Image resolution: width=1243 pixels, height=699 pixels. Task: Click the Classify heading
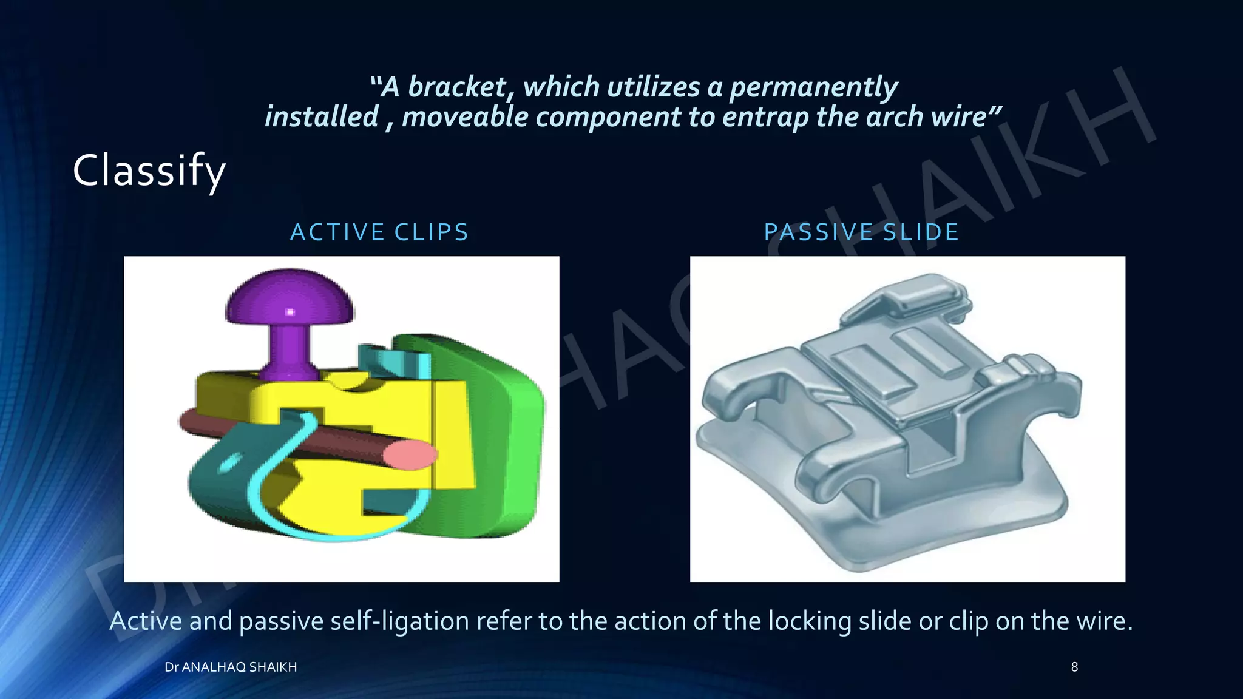click(149, 172)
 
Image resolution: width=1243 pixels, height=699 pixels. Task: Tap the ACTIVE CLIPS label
click(380, 232)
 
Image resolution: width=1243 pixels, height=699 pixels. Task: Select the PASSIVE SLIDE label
click(861, 232)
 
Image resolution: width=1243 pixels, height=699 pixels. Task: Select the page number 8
click(1074, 667)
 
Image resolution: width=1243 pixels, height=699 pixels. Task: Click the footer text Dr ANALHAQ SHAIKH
click(231, 667)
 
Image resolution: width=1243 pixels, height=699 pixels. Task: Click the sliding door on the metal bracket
click(892, 376)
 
